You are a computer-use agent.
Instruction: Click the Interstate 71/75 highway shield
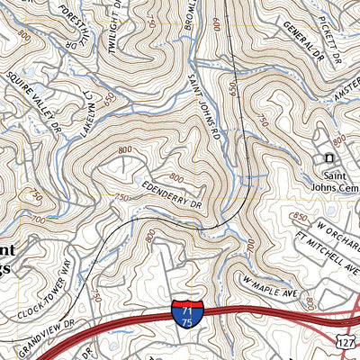pos(188,313)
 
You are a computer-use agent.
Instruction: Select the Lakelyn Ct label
pos(89,116)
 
